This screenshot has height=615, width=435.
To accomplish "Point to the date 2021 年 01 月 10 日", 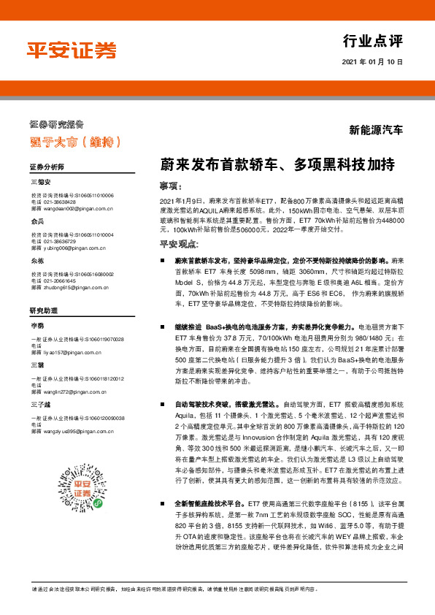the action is (x=372, y=63).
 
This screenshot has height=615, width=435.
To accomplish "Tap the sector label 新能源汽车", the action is (x=376, y=131).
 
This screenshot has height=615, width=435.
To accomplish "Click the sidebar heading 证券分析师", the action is (x=47, y=167).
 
